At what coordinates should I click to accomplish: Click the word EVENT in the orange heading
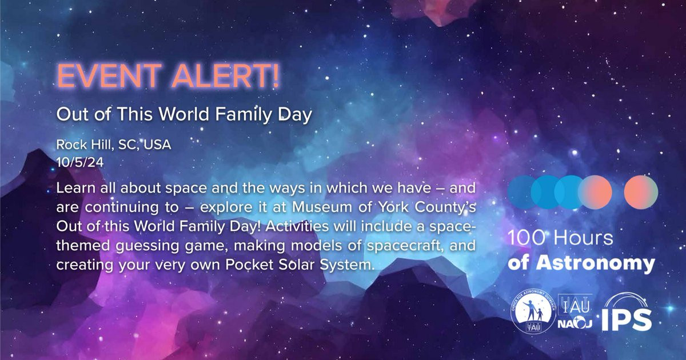click(109, 75)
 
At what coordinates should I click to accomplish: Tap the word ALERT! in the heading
click(225, 75)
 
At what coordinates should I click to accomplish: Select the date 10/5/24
click(80, 162)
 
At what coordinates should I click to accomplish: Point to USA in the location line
click(157, 145)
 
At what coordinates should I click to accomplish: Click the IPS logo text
click(627, 319)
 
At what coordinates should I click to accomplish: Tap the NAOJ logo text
click(575, 323)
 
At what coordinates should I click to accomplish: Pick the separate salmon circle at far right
click(641, 192)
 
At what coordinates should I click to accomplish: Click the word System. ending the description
click(348, 265)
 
